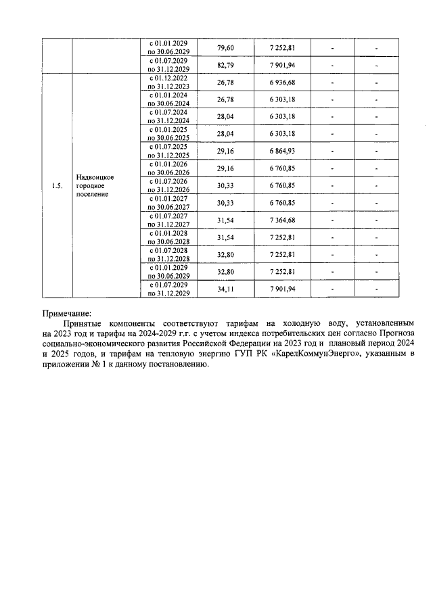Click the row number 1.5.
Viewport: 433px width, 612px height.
[58, 187]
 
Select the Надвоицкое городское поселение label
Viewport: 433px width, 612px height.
[94, 185]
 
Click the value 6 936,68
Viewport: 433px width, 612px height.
[281, 83]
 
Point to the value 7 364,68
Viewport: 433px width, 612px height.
[281, 220]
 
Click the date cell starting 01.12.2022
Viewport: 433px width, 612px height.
[168, 83]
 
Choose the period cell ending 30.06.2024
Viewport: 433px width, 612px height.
[168, 99]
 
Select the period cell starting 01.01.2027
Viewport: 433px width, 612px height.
[168, 203]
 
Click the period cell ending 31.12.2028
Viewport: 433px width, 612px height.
[168, 254]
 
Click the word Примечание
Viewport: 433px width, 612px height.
[66, 312]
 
